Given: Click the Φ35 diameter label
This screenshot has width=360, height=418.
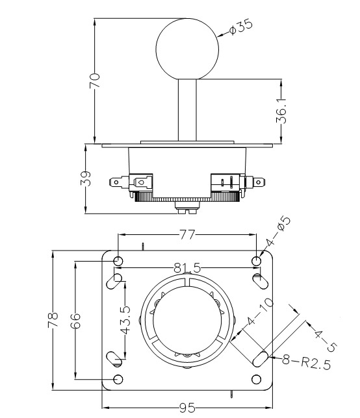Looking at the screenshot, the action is point(240,27).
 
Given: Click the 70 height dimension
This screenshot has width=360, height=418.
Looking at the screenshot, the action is point(94,80).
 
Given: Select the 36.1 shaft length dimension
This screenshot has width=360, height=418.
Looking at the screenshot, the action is point(281,111).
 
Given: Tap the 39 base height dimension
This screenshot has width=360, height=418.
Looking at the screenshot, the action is point(86,178).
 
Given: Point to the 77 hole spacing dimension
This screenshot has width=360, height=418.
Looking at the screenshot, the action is point(187,234).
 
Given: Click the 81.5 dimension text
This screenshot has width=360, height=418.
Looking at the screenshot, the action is point(187,267).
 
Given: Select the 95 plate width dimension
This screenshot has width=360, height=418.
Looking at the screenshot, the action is point(187,408).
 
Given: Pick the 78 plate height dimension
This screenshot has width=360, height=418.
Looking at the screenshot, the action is point(53,319).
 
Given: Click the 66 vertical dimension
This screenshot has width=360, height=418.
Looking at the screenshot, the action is point(75,321).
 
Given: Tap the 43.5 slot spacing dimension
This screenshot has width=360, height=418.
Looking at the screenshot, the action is point(125,320).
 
